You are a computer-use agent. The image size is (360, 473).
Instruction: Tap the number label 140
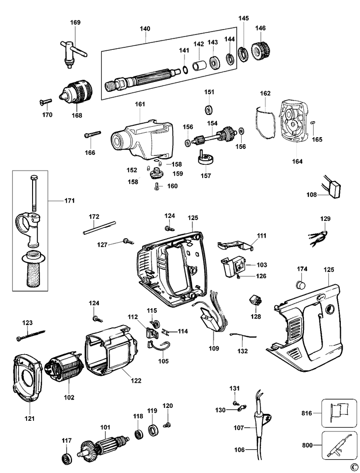tap(145, 29)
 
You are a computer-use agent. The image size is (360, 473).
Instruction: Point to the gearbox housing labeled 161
tap(142, 139)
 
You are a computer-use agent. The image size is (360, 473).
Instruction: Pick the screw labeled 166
tap(93, 134)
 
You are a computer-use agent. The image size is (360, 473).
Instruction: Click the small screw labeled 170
tap(46, 102)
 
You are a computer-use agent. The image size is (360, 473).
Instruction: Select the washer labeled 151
tap(209, 109)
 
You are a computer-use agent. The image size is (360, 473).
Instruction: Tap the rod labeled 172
tap(100, 227)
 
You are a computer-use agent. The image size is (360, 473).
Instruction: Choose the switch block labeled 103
tap(234, 266)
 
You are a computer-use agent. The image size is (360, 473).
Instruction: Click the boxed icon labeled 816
tap(339, 413)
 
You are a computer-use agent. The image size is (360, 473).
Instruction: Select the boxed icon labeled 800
tap(339, 445)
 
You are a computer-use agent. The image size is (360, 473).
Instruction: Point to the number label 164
tap(297, 161)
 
